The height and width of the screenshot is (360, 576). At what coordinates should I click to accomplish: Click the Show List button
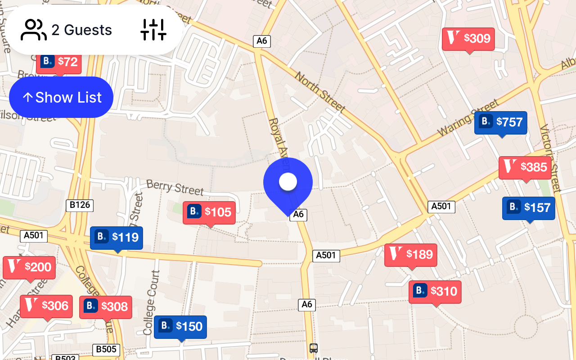pos(61,97)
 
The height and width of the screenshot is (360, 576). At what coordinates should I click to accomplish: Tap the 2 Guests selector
pos(66,30)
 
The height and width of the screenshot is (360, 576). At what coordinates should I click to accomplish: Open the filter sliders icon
pos(153,30)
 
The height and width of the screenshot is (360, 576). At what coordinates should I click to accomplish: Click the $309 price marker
pos(468,39)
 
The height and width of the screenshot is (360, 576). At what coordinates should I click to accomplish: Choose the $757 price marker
pos(500,122)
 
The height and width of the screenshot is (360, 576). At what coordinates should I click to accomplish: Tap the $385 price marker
pos(525,168)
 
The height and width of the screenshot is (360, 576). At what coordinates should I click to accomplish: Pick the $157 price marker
pos(529,208)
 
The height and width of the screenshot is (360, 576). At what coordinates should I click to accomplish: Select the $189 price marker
pos(411,255)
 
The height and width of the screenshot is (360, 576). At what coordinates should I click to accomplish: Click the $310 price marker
pos(435,292)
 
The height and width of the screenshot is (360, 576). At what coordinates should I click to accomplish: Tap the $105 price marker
pos(209,212)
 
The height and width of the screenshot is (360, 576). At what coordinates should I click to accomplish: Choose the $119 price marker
pos(117,238)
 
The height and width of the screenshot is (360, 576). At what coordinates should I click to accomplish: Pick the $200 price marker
pos(29,268)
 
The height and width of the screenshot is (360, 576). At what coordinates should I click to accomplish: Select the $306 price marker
pos(46,306)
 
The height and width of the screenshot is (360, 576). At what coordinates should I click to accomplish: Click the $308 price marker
pos(106,307)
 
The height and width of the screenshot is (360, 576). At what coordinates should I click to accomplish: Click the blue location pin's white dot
pos(288,182)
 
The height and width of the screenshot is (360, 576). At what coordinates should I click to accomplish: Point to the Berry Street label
pos(175,187)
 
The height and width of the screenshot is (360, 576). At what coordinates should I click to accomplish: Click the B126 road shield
pos(80,206)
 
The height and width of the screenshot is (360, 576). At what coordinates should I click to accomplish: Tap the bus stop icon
pos(314,348)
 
